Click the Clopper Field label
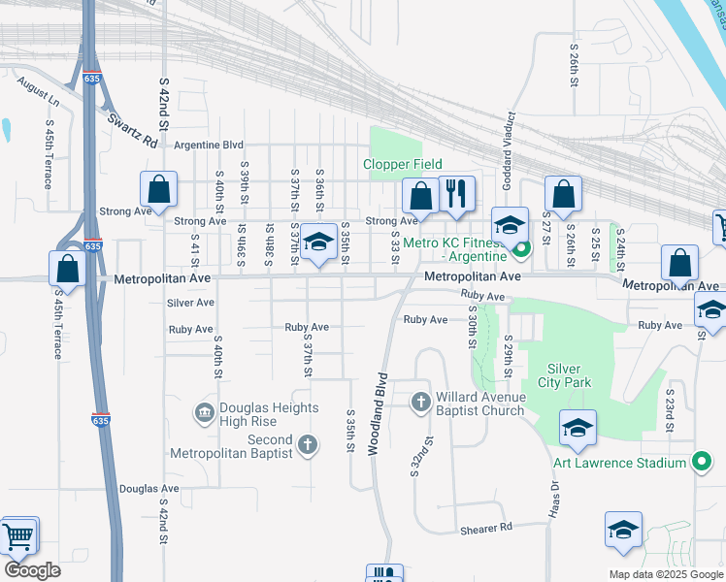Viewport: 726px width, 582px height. pos(403,164)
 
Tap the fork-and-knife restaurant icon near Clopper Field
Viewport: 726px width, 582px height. pos(456,194)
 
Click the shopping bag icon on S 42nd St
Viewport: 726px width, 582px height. pos(158,190)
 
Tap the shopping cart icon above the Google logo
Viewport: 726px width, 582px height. pos(17,536)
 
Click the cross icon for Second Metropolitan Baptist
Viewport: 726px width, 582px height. pos(307,445)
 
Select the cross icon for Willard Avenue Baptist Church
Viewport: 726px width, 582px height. pos(420,401)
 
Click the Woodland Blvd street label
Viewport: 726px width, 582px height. pos(377,414)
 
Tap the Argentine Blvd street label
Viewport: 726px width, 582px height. pos(208,145)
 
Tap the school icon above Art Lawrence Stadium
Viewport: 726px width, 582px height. pos(577,429)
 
